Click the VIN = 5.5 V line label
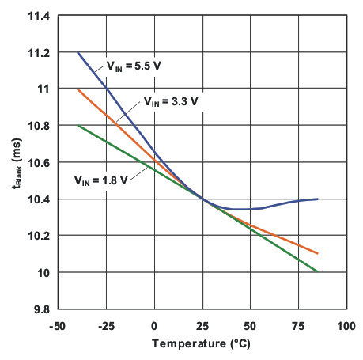[x=134, y=67]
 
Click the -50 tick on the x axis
[x=57, y=325]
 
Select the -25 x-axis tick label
[x=105, y=325]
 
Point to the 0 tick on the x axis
[x=154, y=325]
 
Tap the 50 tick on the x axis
[x=250, y=325]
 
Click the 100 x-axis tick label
[x=346, y=325]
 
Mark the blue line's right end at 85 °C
[x=318, y=199]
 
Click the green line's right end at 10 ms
[x=318, y=272]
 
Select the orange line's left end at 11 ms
[x=78, y=89]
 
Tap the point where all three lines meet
[x=202, y=199]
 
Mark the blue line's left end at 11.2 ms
[x=78, y=52]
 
